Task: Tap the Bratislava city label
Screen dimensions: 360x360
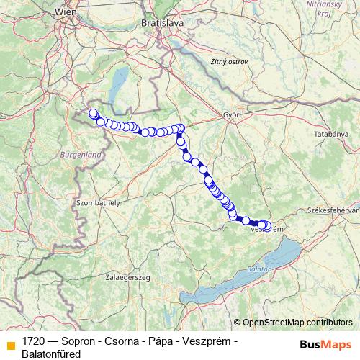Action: coord(163,22)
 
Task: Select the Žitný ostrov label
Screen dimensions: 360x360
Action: coord(229,62)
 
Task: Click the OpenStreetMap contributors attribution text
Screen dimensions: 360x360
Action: coord(297,323)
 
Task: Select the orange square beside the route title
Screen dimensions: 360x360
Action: coord(11,345)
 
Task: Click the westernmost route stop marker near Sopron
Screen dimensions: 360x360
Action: coord(92,113)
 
